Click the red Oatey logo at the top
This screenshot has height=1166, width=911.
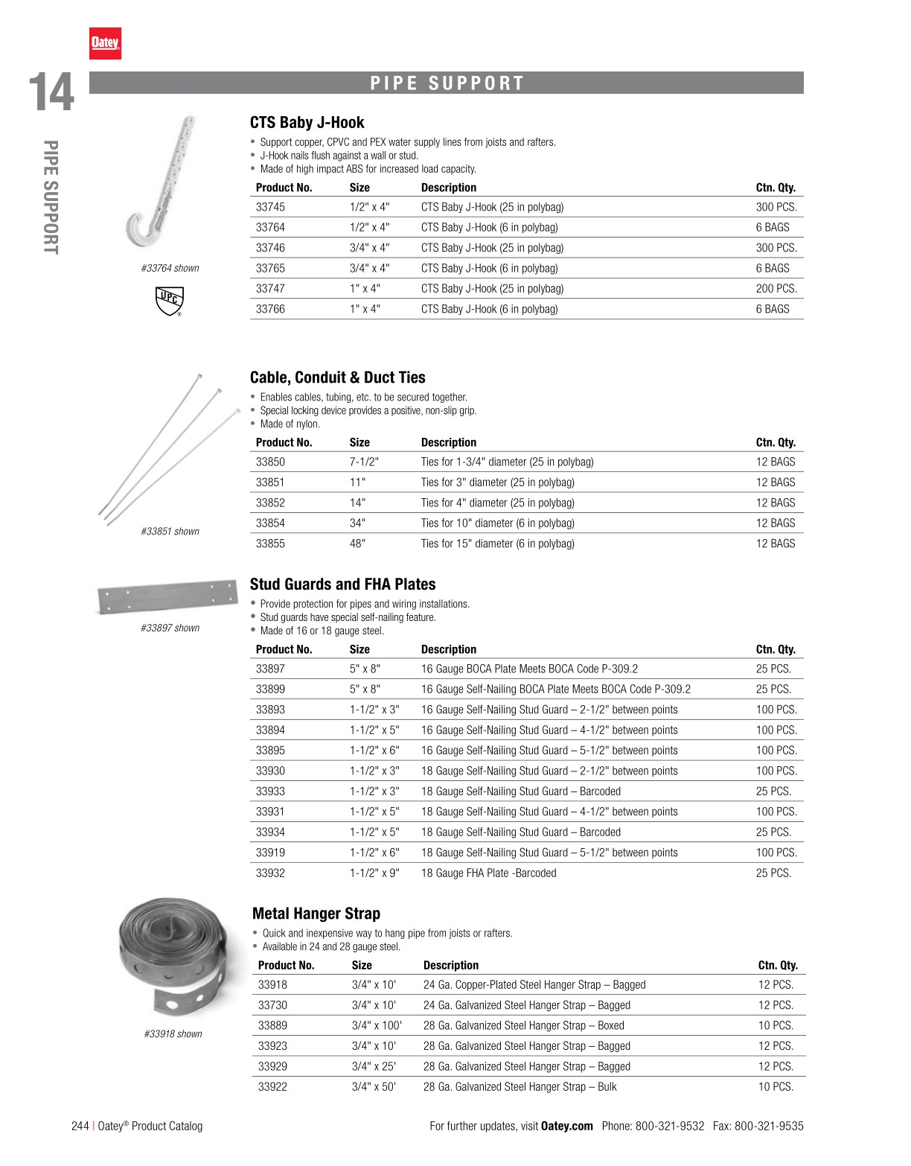click(x=105, y=43)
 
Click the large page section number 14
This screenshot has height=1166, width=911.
click(x=51, y=92)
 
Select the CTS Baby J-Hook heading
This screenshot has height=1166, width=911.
click(x=307, y=123)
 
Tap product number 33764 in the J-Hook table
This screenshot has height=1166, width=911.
click(x=270, y=227)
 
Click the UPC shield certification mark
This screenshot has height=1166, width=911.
click(x=169, y=301)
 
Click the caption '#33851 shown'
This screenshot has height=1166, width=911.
click(x=170, y=532)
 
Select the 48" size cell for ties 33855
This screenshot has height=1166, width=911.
click(x=357, y=544)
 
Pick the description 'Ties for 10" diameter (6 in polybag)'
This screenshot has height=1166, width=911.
click(x=497, y=523)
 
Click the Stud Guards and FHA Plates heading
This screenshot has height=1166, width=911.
click(x=342, y=584)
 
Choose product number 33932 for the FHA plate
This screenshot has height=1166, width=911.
click(x=270, y=873)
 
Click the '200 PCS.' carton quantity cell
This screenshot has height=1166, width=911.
click(x=776, y=289)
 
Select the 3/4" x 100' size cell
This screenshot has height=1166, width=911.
click(x=377, y=1026)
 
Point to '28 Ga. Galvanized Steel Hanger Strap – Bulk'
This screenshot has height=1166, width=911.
click(x=520, y=1087)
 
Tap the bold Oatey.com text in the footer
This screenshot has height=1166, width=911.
click(x=566, y=1126)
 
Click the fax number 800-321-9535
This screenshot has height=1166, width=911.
click(x=769, y=1126)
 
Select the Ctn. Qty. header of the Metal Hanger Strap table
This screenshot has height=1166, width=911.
click(x=777, y=966)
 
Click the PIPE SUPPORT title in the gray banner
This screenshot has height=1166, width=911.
click(x=447, y=83)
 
